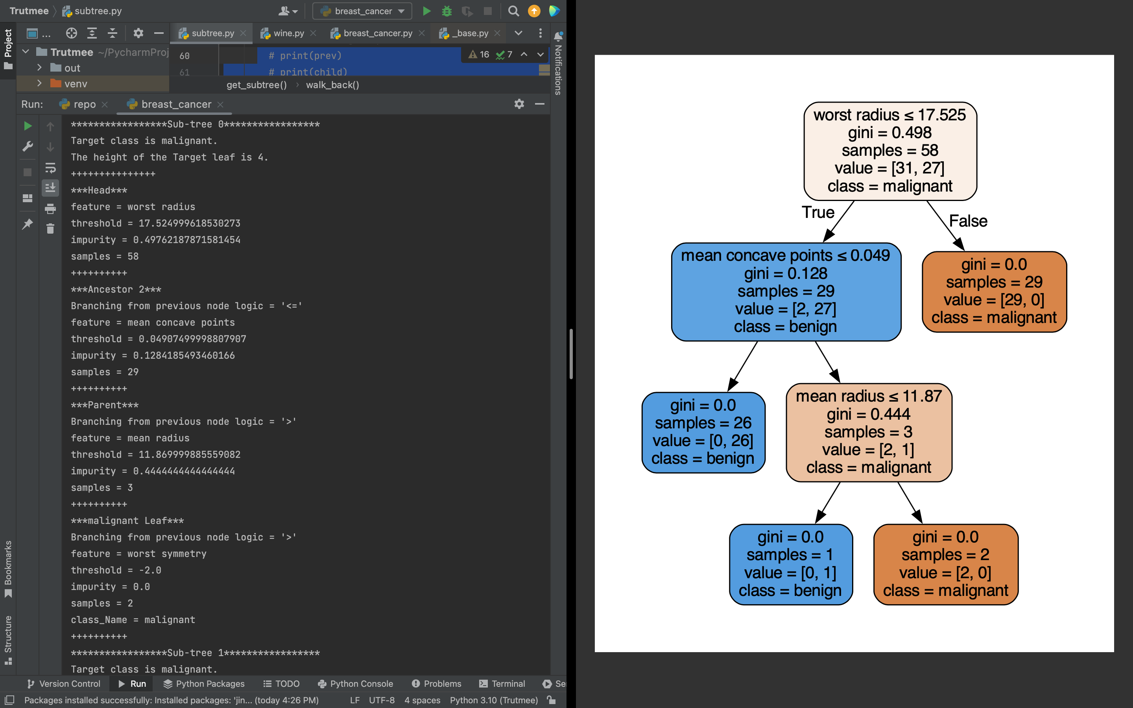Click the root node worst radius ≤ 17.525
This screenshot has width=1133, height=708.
889,151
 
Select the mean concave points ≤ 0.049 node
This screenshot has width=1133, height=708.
786,291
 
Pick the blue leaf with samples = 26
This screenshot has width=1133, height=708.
703,432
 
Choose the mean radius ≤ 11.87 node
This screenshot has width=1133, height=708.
869,432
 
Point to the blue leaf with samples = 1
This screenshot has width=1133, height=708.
790,564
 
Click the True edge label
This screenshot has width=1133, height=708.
817,212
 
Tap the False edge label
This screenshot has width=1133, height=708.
968,221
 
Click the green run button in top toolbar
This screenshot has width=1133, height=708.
426,11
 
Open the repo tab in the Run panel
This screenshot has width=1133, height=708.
84,104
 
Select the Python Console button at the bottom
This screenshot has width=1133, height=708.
355,684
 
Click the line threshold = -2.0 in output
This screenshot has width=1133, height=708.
116,570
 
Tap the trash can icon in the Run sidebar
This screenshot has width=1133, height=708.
50,229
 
